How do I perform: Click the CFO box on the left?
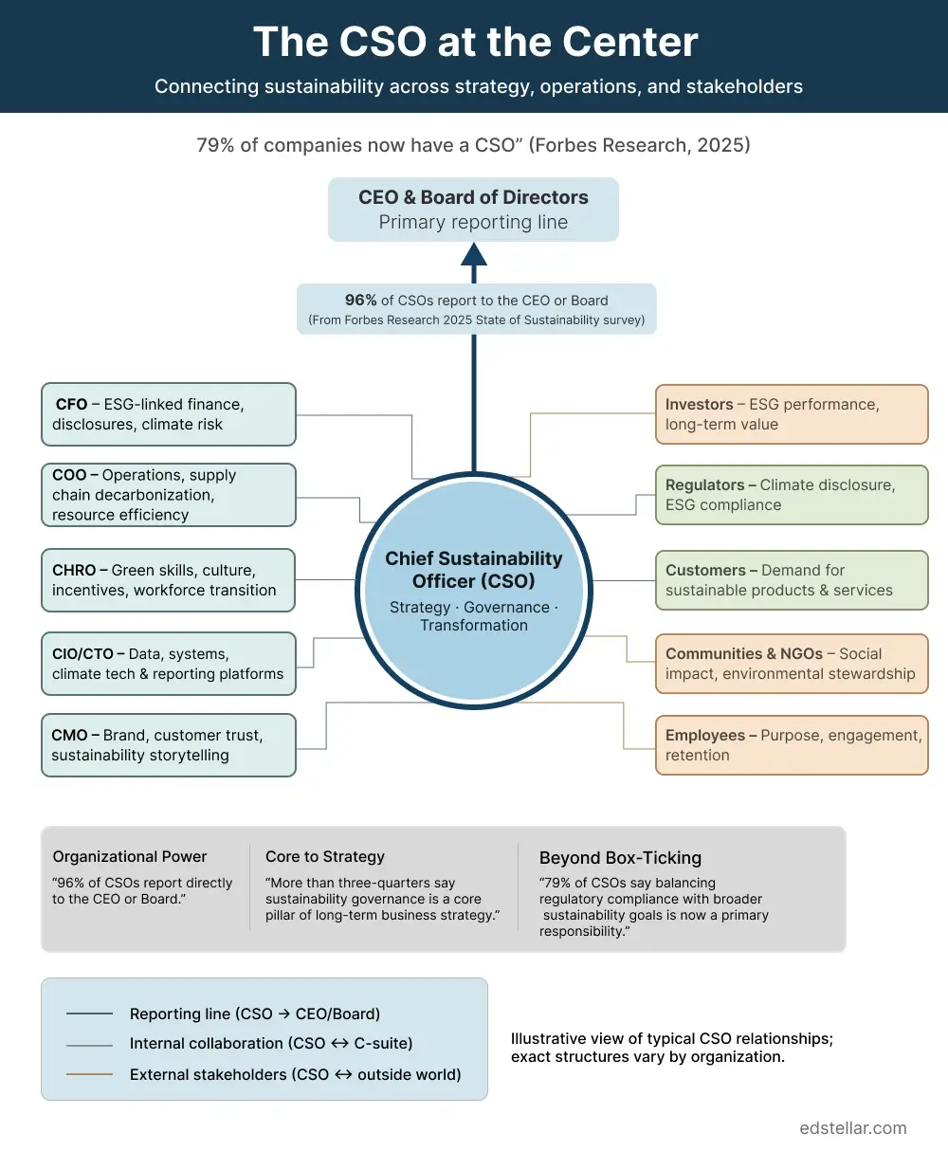click(x=169, y=414)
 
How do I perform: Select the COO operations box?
click(x=169, y=495)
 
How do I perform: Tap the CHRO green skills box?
click(x=169, y=580)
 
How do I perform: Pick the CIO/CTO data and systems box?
click(x=169, y=664)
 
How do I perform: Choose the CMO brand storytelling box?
click(x=169, y=745)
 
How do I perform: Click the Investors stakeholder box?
click(x=792, y=414)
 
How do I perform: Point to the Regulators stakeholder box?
click(x=792, y=495)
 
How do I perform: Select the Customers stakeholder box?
click(x=792, y=580)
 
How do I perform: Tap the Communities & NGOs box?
click(x=792, y=664)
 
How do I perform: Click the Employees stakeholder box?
click(x=792, y=745)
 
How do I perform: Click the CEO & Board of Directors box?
click(x=473, y=210)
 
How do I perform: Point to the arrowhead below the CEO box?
click(x=474, y=253)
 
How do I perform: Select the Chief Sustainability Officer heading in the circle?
click(x=474, y=570)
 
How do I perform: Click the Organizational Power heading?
click(x=130, y=856)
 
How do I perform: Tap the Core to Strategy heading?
click(x=325, y=856)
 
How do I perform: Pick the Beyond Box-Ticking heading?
click(x=620, y=858)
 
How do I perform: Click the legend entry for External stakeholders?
click(x=295, y=1074)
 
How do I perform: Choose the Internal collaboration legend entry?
click(x=271, y=1044)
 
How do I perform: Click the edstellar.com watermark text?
click(x=853, y=1128)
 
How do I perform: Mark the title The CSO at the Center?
click(x=475, y=43)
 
